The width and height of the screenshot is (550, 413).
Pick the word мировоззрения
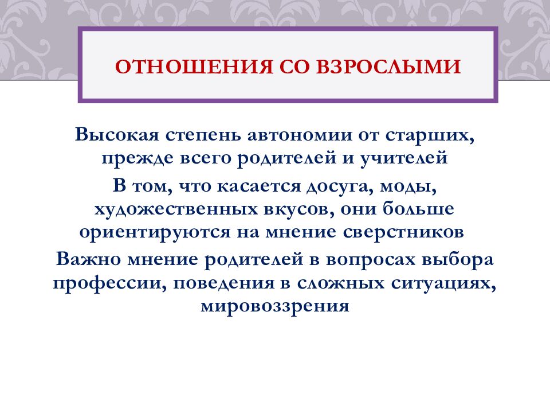pos(274,304)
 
